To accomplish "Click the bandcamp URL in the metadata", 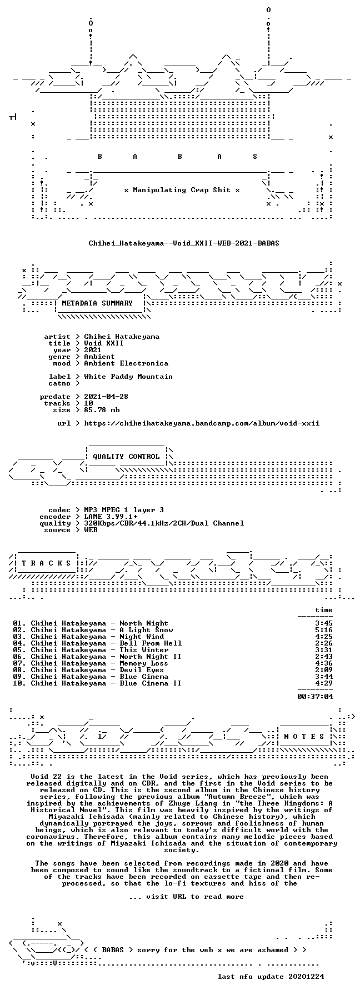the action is point(202,423).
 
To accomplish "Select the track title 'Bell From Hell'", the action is point(151,643).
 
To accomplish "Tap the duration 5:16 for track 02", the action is point(324,630).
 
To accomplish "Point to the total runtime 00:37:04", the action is point(315,696).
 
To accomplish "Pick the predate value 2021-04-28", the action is point(106,397).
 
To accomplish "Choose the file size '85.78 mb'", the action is point(102,410).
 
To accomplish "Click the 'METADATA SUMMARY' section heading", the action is point(97,303).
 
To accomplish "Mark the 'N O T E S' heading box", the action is point(304,737).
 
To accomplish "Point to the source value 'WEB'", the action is point(91,530).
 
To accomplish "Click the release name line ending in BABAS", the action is point(184,243).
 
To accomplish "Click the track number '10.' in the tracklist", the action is point(19,683).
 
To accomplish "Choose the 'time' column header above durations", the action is point(324,610).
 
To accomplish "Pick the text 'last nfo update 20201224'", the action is point(271,977).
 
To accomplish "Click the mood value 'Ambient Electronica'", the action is point(126,363).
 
